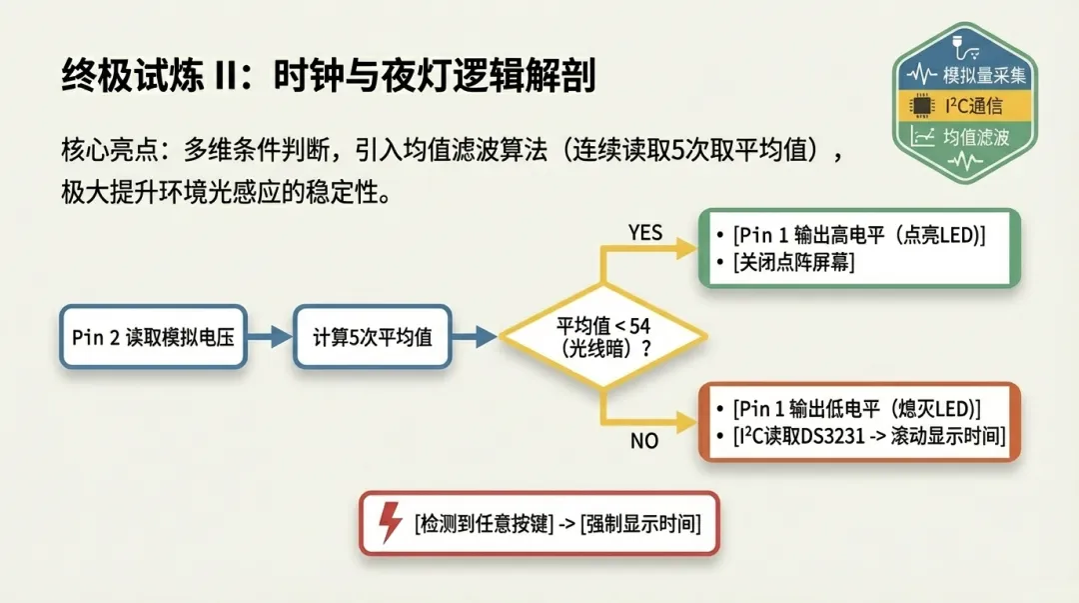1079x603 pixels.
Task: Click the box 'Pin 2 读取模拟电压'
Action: tap(152, 337)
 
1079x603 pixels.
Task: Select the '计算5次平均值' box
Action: tap(373, 337)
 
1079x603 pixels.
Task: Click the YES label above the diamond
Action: tap(645, 232)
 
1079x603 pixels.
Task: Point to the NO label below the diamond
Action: tap(644, 440)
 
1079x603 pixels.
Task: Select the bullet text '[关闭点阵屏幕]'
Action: tap(793, 262)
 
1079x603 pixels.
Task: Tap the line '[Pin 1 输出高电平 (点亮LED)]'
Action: tap(859, 235)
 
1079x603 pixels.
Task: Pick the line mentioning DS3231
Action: tap(868, 436)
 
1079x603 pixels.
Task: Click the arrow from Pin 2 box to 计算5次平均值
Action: tap(268, 337)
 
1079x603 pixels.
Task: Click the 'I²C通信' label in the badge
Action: tap(973, 106)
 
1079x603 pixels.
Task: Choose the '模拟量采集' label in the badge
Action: tap(985, 76)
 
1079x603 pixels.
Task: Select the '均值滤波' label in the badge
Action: tap(977, 137)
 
